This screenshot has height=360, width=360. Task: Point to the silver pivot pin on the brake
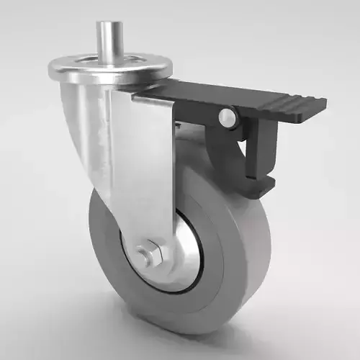click(228, 117)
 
